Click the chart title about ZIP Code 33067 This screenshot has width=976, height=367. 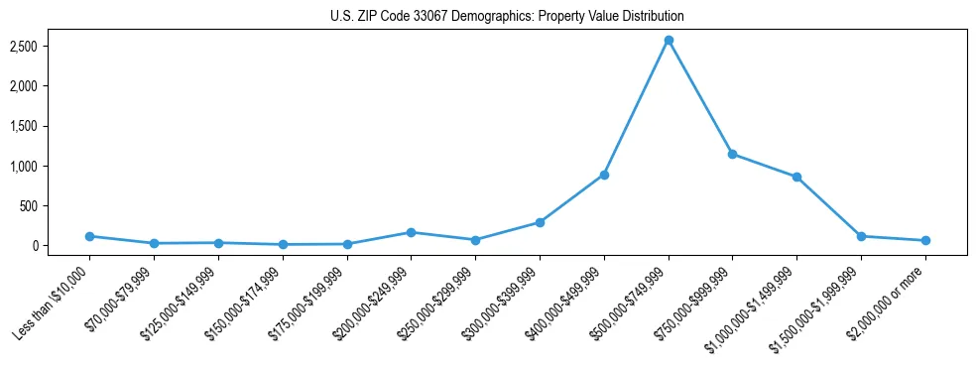[x=507, y=17]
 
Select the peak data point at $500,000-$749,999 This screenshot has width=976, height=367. [x=669, y=41]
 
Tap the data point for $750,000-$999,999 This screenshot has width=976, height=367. [x=732, y=154]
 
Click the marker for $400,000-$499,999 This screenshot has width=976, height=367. [x=604, y=175]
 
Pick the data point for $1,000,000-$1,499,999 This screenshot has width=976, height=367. [x=796, y=177]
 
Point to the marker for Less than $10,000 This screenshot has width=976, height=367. [x=90, y=236]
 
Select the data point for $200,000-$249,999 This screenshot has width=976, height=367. [x=412, y=232]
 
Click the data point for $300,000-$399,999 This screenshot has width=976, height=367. [x=540, y=222]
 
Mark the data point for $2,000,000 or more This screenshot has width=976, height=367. [x=925, y=240]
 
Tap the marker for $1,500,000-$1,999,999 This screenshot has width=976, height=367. [x=861, y=236]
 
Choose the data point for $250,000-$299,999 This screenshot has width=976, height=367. [x=475, y=240]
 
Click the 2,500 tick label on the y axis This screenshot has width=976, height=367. [x=51, y=47]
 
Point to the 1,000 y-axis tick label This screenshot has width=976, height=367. [x=51, y=166]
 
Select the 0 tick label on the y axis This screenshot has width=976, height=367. [x=61, y=246]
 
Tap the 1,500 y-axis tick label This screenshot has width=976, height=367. [x=51, y=126]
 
